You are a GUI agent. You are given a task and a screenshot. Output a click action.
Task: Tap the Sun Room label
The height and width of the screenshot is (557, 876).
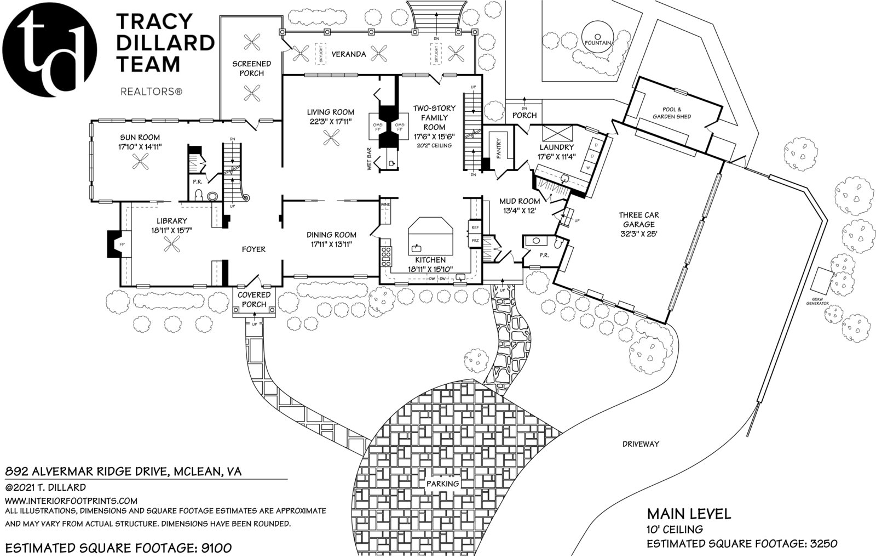pos(140,137)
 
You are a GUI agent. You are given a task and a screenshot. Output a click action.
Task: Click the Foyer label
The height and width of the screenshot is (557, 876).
pos(253,249)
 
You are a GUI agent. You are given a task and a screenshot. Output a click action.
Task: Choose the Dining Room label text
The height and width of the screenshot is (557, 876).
pos(331,235)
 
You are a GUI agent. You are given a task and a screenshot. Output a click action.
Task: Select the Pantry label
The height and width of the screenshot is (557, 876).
pos(499,147)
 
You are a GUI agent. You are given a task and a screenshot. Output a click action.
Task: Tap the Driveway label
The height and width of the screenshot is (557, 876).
pos(641,444)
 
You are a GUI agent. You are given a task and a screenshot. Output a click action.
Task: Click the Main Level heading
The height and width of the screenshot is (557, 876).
pos(689,514)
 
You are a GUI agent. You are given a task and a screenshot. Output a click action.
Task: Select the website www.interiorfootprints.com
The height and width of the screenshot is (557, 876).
pos(71,501)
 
